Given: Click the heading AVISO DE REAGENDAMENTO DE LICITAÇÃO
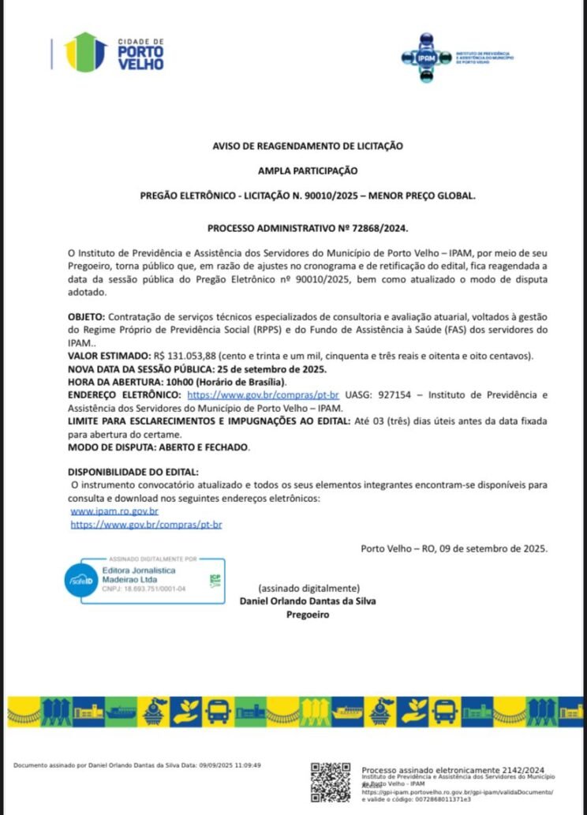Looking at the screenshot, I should click(x=308, y=145).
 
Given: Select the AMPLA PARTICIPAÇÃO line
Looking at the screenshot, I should click(x=308, y=170).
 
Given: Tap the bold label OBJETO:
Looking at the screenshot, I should click(x=85, y=316).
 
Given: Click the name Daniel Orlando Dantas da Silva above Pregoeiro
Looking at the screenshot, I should click(x=308, y=601).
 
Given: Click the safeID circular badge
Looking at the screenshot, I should click(x=80, y=580).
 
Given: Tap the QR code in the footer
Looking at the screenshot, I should click(x=330, y=781).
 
